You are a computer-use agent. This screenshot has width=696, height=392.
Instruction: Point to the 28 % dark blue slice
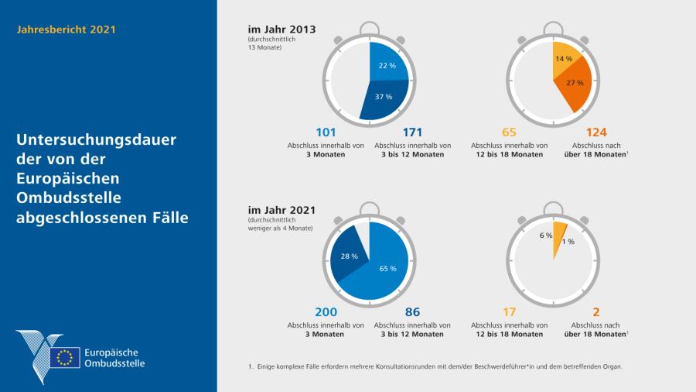pyautogui.click(x=348, y=256)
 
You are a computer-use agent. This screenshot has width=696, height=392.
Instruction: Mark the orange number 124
pyautogui.click(x=596, y=132)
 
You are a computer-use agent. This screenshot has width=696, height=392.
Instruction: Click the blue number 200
pyautogui.click(x=326, y=311)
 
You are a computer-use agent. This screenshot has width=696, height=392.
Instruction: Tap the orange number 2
pyautogui.click(x=596, y=311)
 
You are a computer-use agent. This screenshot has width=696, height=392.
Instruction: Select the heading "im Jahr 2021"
pyautogui.click(x=281, y=209)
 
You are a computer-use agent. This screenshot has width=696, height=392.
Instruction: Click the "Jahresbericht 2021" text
pyautogui.click(x=66, y=29)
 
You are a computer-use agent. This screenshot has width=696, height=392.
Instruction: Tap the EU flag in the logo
pyautogui.click(x=65, y=357)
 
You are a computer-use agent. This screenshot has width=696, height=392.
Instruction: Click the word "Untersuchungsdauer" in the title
pyautogui.click(x=97, y=141)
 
